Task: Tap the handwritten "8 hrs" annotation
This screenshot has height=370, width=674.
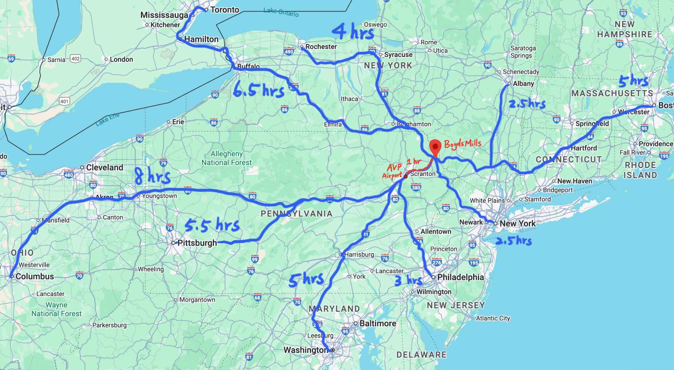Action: [x=152, y=176]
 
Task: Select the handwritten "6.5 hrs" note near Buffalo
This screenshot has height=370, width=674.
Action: [x=258, y=90]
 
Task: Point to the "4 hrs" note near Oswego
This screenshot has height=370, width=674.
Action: [x=353, y=31]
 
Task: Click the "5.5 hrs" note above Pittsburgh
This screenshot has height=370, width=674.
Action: [x=212, y=225]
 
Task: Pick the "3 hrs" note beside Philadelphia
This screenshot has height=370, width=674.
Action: [x=409, y=280]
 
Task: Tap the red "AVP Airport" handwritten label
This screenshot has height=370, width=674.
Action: [x=392, y=171]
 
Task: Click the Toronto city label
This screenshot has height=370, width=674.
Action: [x=225, y=10]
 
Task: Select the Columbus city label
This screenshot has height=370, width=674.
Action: [x=34, y=276]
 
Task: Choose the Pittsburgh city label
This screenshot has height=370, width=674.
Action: [x=197, y=243]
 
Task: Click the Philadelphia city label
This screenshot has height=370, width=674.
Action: [x=460, y=277]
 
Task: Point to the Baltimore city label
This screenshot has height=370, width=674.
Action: [x=377, y=323]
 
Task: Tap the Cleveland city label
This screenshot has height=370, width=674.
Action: [x=104, y=168]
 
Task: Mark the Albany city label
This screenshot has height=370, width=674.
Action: [x=523, y=84]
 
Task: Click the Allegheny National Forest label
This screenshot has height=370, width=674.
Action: [x=227, y=158]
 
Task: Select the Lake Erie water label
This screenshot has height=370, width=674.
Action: [x=107, y=119]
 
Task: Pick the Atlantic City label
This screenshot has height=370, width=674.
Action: [x=493, y=318]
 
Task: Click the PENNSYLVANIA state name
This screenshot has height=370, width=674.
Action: [x=297, y=214]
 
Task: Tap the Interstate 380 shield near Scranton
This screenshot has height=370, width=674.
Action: [x=416, y=187]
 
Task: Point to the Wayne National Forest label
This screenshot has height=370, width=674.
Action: [x=57, y=309]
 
